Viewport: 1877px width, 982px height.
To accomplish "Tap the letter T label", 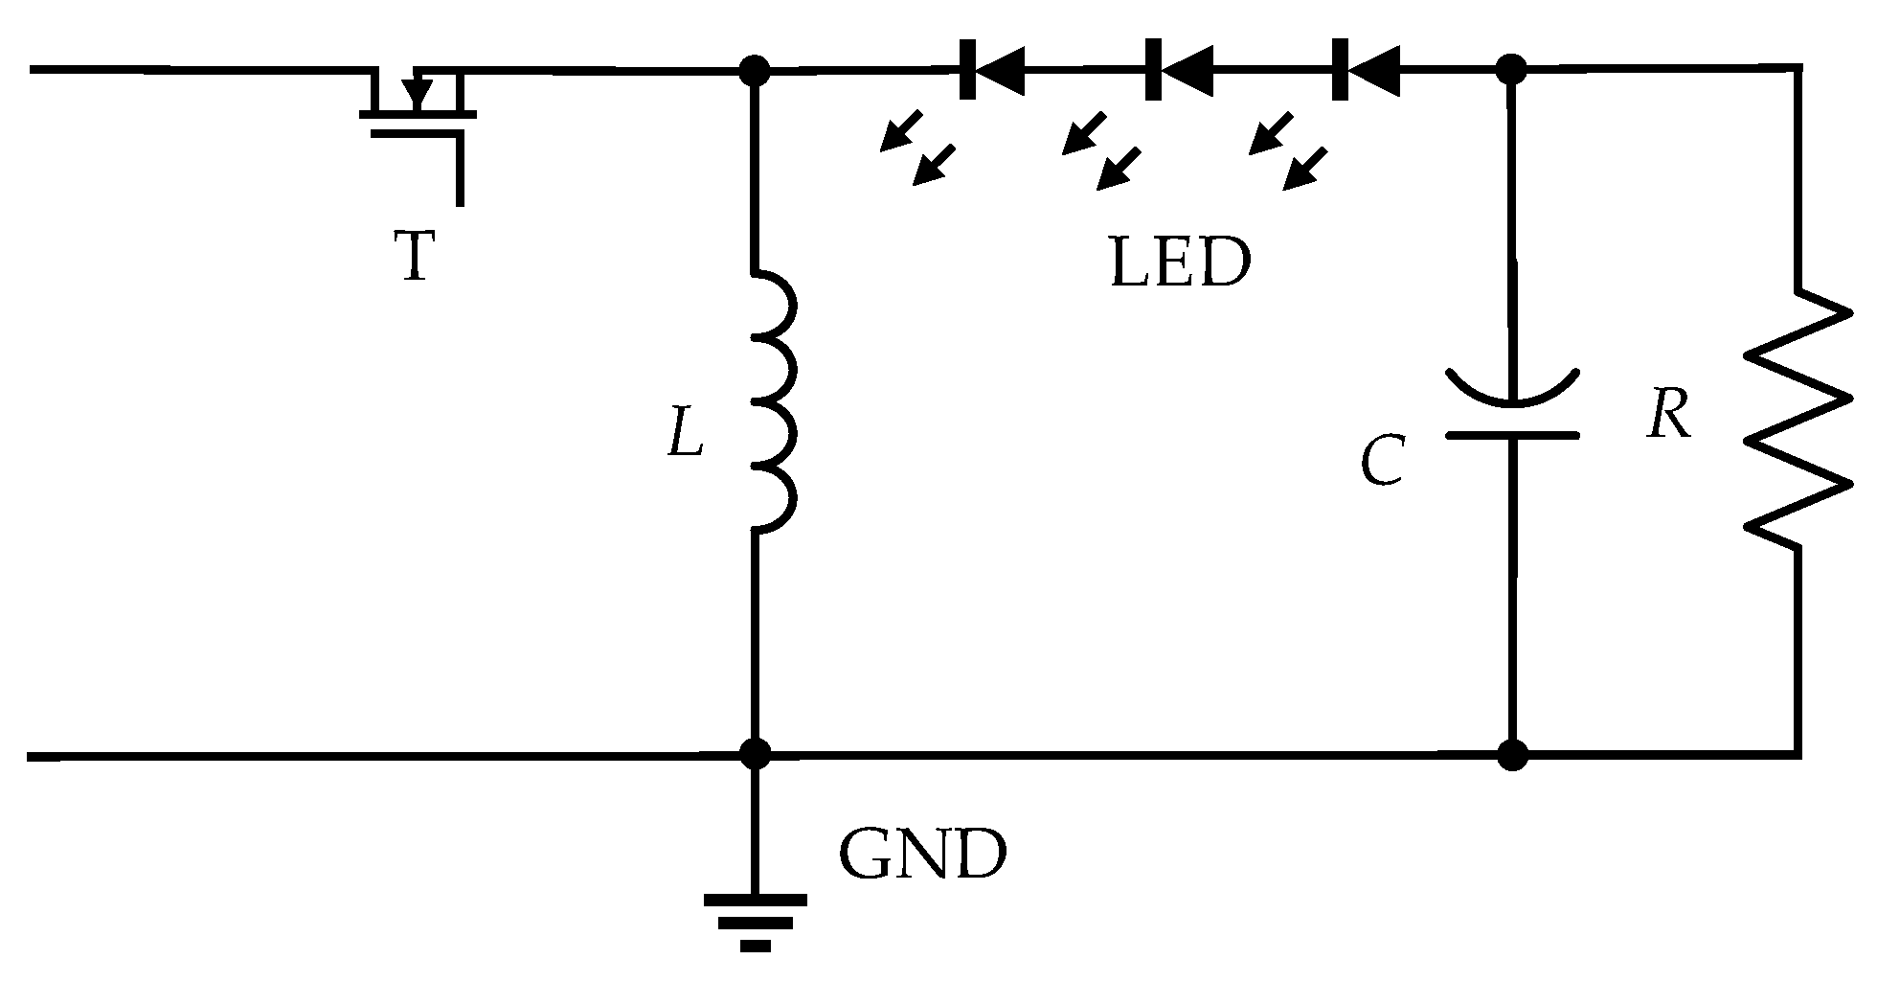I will point(416,257).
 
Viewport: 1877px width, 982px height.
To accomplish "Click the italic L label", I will point(686,432).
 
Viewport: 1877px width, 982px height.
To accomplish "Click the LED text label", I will point(1180,263).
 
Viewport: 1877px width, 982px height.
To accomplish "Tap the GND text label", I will point(923,856).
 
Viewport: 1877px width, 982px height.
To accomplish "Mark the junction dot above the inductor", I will point(756,70).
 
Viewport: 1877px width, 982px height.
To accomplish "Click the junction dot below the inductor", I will point(756,755).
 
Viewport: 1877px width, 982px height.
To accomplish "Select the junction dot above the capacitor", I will point(1511,69).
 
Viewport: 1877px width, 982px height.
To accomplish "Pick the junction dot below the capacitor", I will point(1512,755).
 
